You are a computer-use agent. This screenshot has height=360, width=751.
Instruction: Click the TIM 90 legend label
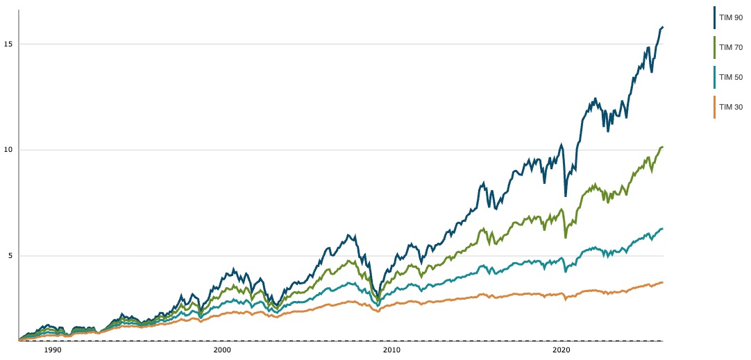coord(733,17)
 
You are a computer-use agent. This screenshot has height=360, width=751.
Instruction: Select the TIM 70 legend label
coord(733,47)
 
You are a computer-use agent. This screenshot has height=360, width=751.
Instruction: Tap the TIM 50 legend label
coord(733,77)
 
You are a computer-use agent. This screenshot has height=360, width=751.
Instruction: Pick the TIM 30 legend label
coord(733,107)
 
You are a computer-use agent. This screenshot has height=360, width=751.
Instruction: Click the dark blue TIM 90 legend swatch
coord(715,17)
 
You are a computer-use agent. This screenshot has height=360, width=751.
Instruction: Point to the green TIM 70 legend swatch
coord(715,47)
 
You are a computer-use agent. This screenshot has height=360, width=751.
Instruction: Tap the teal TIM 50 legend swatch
coord(715,77)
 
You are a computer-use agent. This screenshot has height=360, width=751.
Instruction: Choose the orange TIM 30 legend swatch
coord(715,107)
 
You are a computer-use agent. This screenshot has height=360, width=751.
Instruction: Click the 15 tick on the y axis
coord(8,44)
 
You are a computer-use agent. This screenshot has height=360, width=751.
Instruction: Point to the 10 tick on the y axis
coord(8,150)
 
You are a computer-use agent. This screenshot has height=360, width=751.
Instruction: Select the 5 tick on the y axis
coord(10,256)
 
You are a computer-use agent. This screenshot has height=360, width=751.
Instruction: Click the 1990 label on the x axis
coord(53,350)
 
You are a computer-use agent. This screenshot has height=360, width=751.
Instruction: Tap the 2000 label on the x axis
coord(222,350)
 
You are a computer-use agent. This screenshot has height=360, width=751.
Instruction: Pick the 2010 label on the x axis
coord(392,350)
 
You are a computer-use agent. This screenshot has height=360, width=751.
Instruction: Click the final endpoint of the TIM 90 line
coord(663,27)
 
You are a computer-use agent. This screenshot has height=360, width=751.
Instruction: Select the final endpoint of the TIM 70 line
coord(663,147)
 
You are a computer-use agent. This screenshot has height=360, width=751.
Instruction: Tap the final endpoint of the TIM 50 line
coord(663,228)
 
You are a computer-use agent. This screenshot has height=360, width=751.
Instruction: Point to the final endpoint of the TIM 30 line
coord(663,282)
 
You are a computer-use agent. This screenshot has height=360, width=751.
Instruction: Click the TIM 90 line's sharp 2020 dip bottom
coord(565,196)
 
